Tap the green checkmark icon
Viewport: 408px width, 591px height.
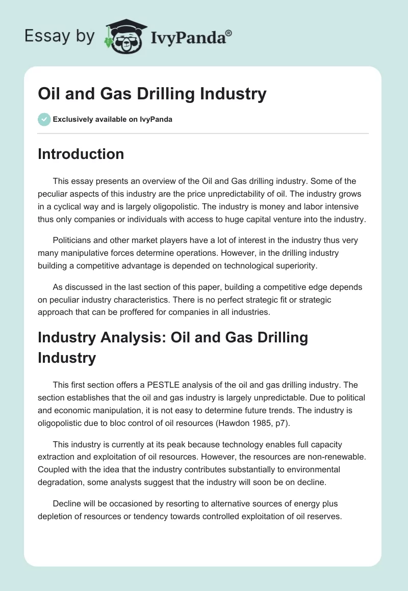(44, 119)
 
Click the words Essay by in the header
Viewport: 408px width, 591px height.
(60, 37)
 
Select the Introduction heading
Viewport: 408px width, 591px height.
(81, 154)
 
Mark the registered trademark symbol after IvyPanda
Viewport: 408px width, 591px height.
(229, 32)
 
